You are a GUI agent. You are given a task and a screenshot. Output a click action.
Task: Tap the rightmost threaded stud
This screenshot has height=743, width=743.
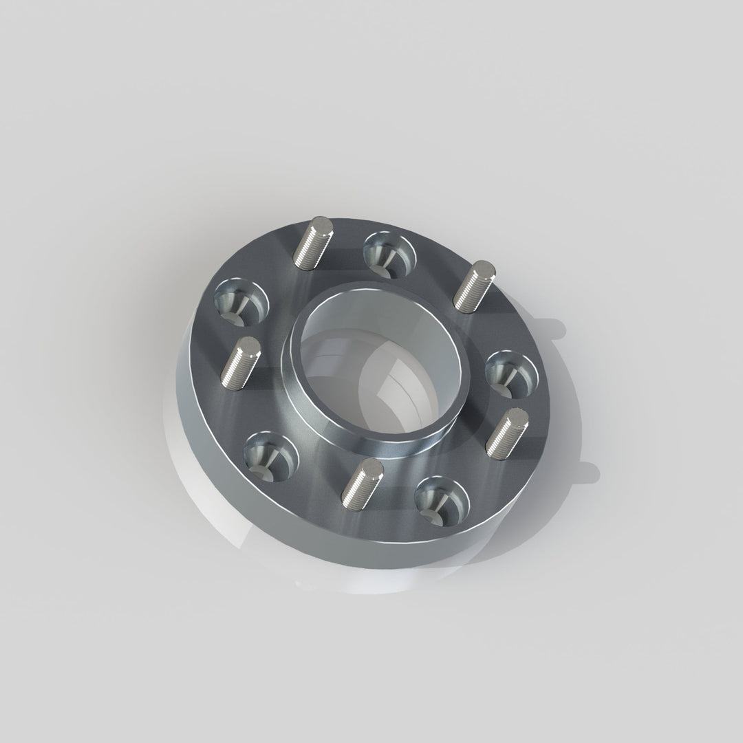point(507,431)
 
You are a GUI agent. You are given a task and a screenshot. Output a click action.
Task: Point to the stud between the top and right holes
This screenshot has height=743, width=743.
point(474,286)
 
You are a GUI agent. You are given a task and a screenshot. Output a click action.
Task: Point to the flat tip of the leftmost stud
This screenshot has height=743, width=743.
point(248,344)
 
